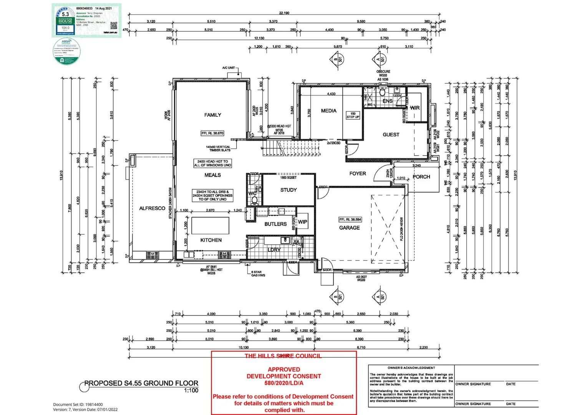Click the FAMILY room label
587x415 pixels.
(212, 115)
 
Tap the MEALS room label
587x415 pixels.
(212, 175)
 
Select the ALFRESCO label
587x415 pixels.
(152, 208)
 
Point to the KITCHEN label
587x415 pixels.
(211, 240)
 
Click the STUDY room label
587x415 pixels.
(289, 190)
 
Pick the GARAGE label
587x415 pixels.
(349, 228)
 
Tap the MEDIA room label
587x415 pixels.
(328, 111)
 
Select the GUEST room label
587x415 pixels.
(391, 134)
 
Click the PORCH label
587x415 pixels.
(421, 177)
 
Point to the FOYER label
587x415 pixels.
(357, 174)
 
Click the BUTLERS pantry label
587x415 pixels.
(275, 224)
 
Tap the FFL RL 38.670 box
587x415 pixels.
(212, 133)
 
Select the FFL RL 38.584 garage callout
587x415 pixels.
(350, 220)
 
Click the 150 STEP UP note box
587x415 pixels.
(353, 115)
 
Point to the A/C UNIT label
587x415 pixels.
(229, 68)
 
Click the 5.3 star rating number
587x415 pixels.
(65, 14)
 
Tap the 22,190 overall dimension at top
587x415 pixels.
(284, 13)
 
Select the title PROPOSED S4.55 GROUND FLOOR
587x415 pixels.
(141, 383)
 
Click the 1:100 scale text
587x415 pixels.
(191, 390)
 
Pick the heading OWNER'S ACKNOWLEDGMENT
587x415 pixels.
(411, 368)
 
